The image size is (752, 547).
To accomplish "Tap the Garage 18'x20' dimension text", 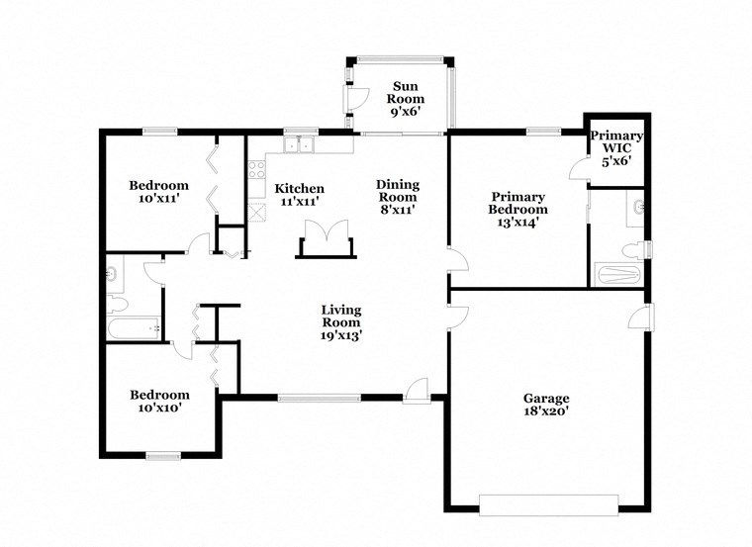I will point(546,412).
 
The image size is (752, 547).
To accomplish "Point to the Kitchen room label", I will point(299,189).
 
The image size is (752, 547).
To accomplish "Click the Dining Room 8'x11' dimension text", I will point(397,209).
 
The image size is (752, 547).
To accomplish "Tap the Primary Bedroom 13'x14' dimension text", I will point(517,223).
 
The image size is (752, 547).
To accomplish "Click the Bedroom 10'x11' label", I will point(158,185).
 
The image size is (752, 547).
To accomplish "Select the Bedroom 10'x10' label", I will point(158,394).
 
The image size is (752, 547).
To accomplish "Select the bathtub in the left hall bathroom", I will point(132,327).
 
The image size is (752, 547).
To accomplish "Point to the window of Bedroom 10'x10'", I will point(164,455).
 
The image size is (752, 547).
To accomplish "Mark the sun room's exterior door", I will point(349,98).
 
